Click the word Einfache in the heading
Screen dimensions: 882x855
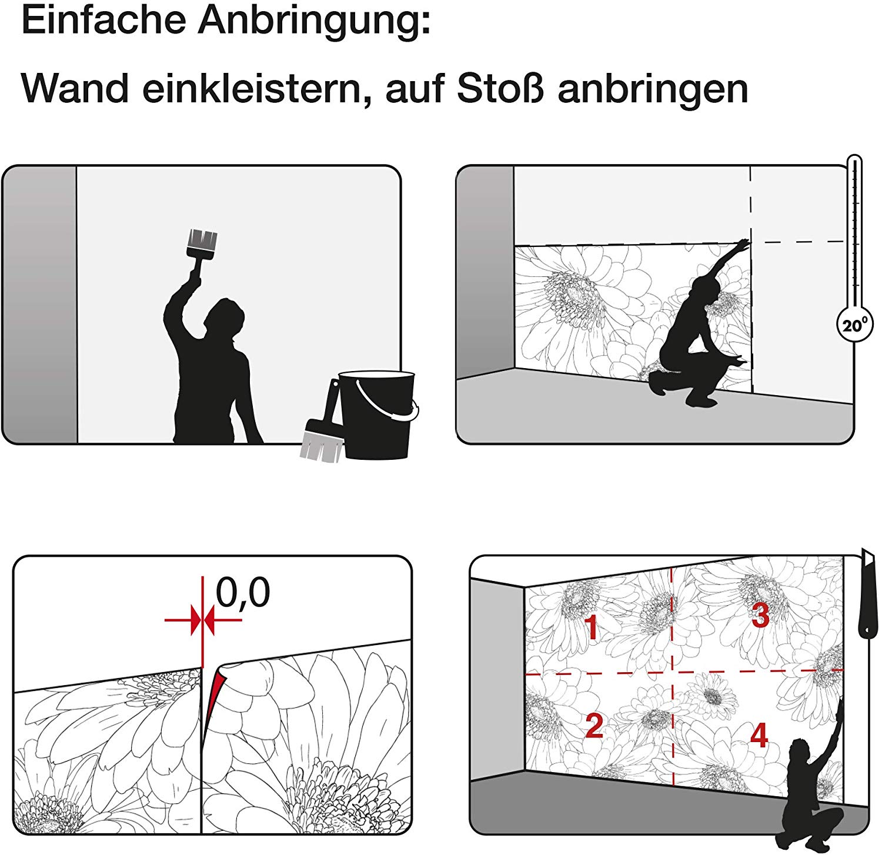pos(105,21)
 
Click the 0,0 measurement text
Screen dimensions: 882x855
pos(243,593)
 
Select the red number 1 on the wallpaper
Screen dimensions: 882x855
pos(592,627)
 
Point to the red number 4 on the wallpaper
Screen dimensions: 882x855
pos(759,735)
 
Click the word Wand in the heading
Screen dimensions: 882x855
pos(75,89)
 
